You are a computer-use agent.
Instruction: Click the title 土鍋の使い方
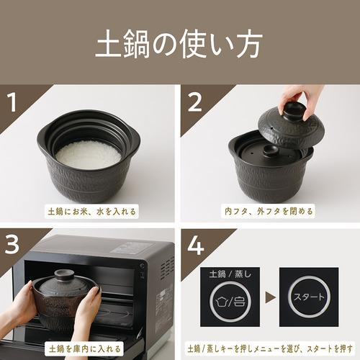point(180,45)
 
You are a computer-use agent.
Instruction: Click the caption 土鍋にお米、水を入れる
point(91,212)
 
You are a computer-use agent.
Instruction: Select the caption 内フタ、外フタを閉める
point(268,212)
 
